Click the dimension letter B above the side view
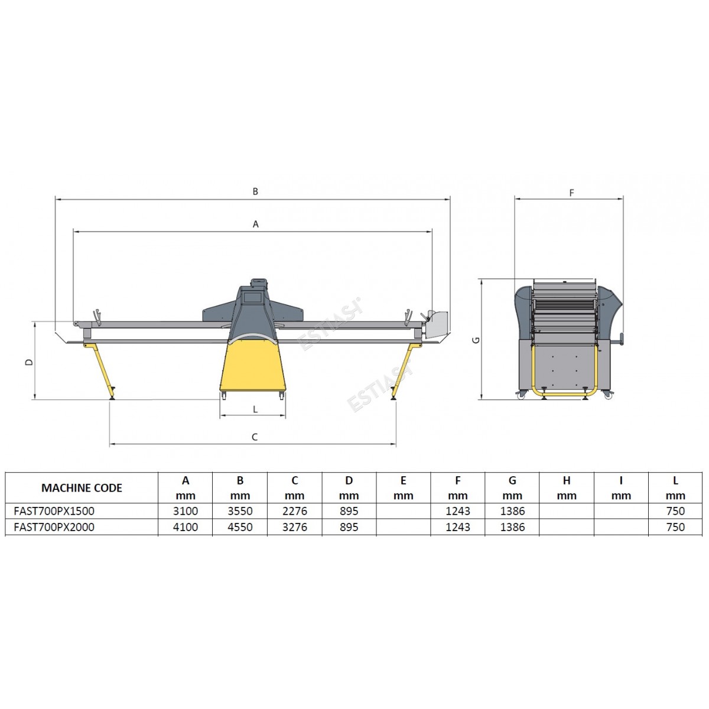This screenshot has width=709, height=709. point(255,191)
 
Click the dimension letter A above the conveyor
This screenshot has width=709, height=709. point(256,224)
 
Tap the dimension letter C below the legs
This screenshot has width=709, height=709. point(254,437)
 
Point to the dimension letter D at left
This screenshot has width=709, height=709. point(29,362)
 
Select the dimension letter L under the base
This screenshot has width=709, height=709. point(255,409)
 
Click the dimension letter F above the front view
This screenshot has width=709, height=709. point(571,193)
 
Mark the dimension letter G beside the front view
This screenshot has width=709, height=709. point(476,340)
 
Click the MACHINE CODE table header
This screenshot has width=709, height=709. point(82,488)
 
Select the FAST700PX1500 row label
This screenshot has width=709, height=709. point(54,511)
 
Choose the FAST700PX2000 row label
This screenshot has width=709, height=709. point(54,527)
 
